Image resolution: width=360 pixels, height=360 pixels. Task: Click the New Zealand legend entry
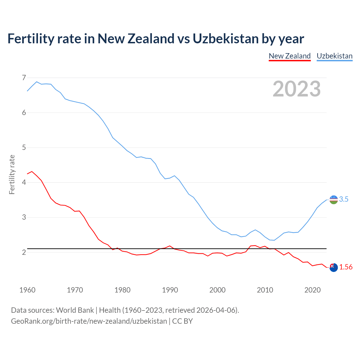pos(290,56)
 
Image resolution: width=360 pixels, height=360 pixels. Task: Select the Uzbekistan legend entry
pos(334,56)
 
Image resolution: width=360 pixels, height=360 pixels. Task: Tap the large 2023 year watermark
pos(296,89)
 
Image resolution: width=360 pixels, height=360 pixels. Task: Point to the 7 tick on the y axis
pos(24,78)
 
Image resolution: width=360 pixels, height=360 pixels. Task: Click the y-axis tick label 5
pos(24,147)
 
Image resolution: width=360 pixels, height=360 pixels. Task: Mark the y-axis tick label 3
pos(24,217)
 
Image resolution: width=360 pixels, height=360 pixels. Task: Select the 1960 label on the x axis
pos(27,290)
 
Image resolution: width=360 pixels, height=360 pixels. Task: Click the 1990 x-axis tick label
pos(170,290)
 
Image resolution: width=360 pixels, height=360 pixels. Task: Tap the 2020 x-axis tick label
pos(312,290)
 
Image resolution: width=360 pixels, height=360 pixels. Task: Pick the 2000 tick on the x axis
pos(217,290)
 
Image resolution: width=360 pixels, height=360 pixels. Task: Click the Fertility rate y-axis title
pos(12,174)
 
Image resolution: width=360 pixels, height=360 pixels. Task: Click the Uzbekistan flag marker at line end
pos(334,200)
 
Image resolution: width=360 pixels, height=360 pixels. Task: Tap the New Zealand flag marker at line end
pos(334,267)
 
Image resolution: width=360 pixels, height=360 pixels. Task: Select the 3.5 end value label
pos(344,199)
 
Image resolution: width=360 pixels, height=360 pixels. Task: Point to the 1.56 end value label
pos(346,267)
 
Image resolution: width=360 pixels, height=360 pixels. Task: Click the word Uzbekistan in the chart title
pos(226,39)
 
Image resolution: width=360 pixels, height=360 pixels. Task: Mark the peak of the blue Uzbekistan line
pos(37,82)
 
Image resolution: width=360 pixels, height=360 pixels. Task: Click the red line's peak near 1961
pos(32,171)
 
